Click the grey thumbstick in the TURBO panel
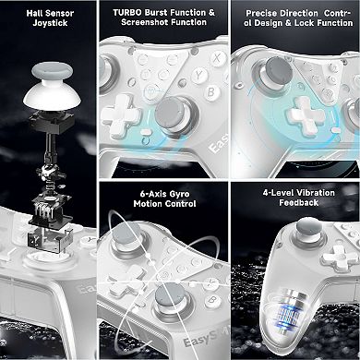click(x=170, y=114)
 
